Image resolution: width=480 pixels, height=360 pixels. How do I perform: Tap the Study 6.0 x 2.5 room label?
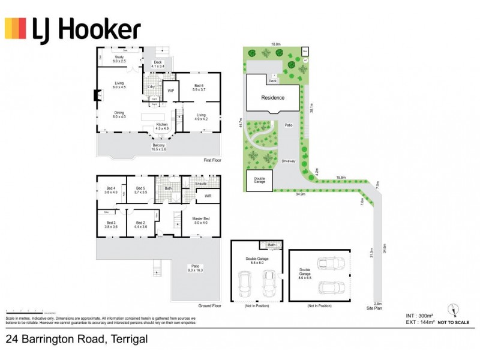[x=119, y=59]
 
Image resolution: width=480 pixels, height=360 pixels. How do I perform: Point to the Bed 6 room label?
[x=199, y=87]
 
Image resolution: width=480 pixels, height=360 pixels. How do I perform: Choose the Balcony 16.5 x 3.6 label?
[x=158, y=146]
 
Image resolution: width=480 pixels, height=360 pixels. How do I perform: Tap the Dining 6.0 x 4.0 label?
[x=119, y=114]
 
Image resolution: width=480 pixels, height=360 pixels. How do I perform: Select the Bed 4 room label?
[x=111, y=190]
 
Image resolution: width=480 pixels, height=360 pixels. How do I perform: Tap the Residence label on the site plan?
[x=273, y=97]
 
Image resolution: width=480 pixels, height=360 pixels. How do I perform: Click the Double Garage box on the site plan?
[x=259, y=180]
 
